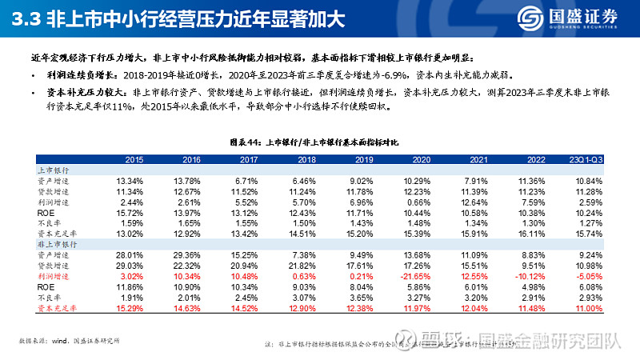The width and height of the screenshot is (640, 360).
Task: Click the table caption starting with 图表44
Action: point(319,142)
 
